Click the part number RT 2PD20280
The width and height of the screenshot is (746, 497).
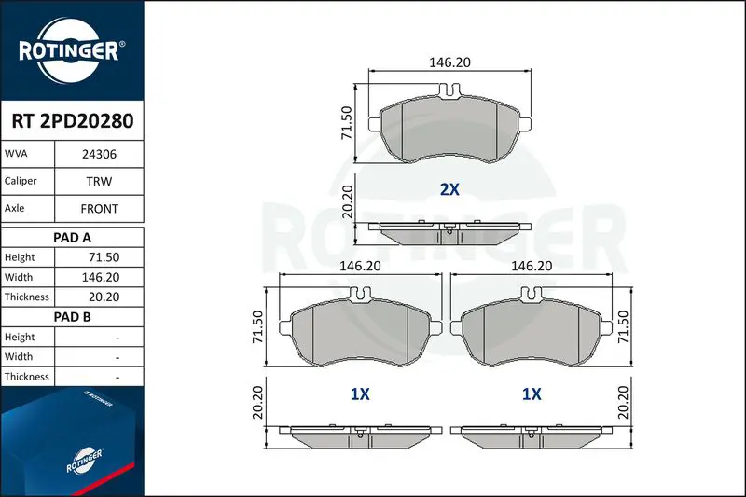[73, 121]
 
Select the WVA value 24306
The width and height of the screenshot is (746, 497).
[99, 154]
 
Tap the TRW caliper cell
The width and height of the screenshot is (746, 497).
[99, 181]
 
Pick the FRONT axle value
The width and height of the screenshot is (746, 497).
[99, 209]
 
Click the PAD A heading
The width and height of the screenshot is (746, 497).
[72, 238]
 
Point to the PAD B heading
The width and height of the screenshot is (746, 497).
[72, 317]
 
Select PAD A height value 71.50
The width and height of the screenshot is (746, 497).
[104, 257]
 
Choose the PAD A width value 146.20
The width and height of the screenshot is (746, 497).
[101, 277]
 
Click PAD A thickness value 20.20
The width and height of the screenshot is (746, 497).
[104, 297]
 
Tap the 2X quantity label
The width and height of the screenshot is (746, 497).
[449, 189]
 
